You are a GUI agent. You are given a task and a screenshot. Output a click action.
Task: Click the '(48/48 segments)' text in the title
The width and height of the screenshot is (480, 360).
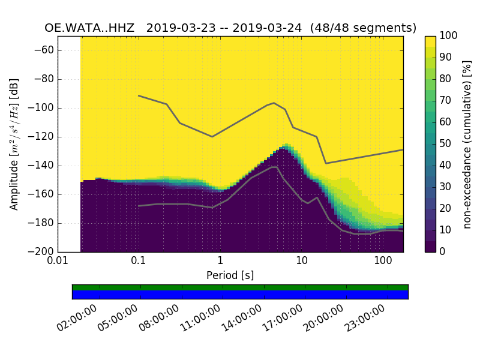[367, 28]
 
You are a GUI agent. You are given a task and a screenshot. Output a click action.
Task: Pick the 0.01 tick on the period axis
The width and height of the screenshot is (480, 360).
[58, 261]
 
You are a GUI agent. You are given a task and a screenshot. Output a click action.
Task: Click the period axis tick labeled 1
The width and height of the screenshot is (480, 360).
[220, 261]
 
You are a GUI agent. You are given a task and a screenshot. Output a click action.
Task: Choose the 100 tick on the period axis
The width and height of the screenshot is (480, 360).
[383, 261]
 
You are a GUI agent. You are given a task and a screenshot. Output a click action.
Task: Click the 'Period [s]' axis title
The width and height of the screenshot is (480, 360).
[230, 275]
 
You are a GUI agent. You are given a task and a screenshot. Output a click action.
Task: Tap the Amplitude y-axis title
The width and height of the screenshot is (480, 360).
[14, 144]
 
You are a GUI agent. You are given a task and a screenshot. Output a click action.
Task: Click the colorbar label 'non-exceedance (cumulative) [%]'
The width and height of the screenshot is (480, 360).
[467, 144]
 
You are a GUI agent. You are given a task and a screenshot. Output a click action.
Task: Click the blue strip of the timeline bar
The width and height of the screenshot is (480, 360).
[240, 295]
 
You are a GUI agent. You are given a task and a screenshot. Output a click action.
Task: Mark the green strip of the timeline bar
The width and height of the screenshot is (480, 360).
[240, 287]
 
